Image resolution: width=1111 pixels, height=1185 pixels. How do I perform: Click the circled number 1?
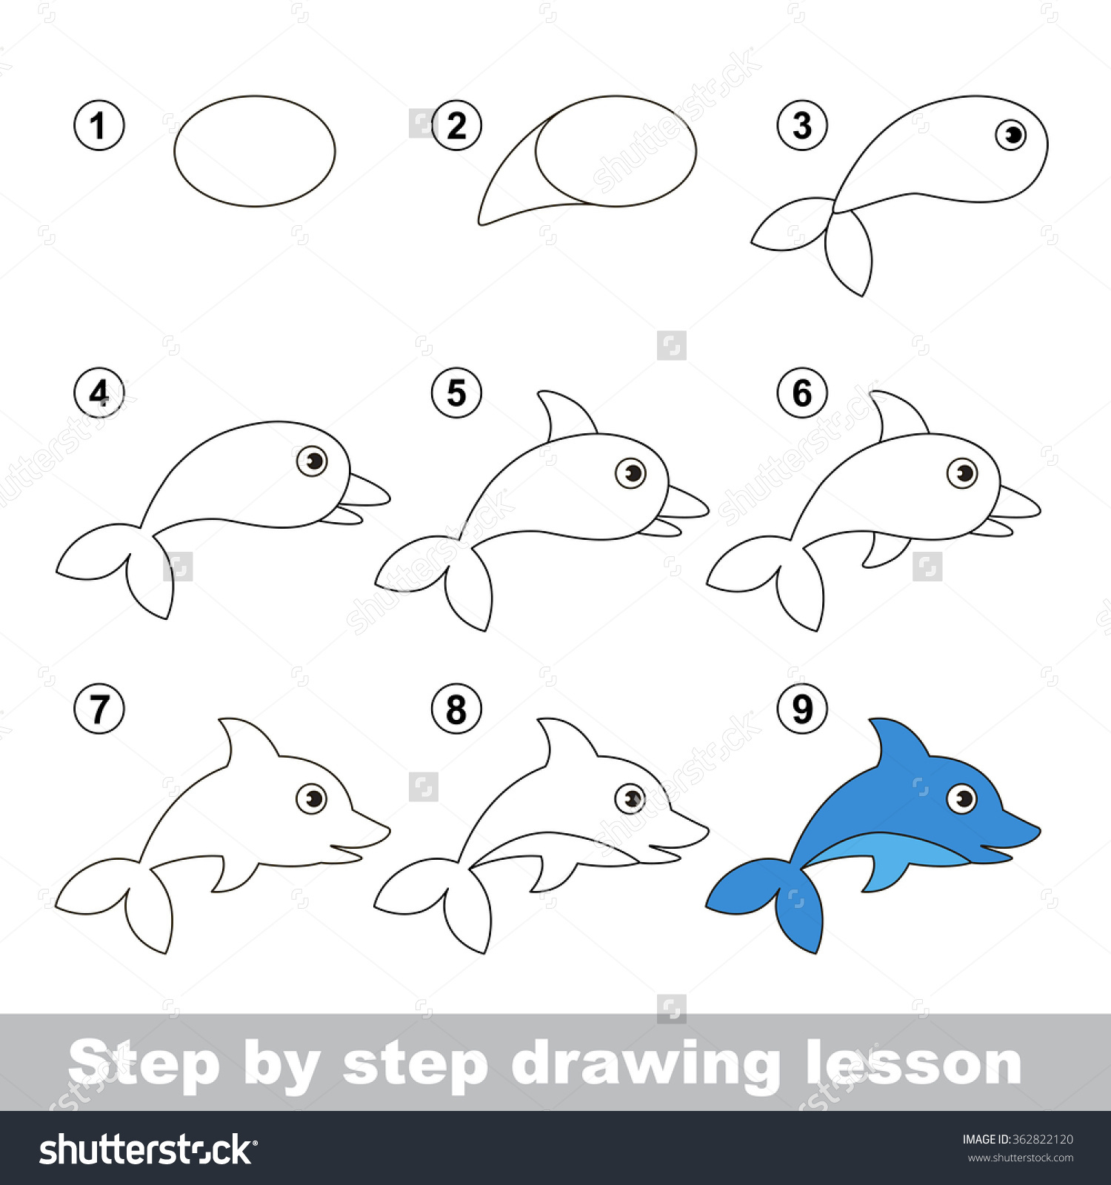pos(99,125)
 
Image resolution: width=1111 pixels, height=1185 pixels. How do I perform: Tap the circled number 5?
pos(456,393)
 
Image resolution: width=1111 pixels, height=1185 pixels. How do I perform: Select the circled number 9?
pos(802,709)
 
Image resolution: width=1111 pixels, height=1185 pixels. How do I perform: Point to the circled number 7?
pos(99,709)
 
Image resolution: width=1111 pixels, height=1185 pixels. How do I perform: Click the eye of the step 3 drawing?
pos(1011,135)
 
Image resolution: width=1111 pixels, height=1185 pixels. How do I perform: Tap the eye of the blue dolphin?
pos(962,798)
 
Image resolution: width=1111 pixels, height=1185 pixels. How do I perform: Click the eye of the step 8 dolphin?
pos(631,798)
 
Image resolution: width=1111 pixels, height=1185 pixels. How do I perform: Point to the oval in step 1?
pos(255,151)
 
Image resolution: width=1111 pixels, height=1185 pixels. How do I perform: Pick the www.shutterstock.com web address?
pos(1020,1158)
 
